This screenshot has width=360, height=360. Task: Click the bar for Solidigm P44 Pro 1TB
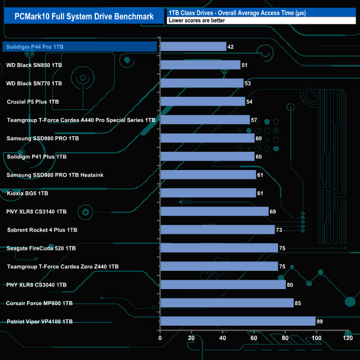pos(193,47)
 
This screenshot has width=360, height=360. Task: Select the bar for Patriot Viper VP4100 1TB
pos(238,321)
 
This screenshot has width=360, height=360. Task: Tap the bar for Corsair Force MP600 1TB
pos(227,303)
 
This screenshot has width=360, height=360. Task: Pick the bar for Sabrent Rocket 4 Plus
pos(217,230)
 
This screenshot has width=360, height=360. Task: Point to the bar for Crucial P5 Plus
pos(202,101)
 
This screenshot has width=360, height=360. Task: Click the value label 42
pos(231,47)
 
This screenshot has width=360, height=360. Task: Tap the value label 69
pos(273,212)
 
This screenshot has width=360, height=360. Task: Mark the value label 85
pos(299,303)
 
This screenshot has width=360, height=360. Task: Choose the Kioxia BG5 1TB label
pos(27,193)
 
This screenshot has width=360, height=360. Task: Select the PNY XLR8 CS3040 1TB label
pos(37,285)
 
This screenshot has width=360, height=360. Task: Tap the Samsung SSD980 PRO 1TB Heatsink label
pos(55,175)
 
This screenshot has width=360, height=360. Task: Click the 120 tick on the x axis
pos(347,338)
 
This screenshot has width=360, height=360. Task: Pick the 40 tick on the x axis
pos(223,338)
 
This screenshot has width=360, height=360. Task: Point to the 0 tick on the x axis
pos(160,338)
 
